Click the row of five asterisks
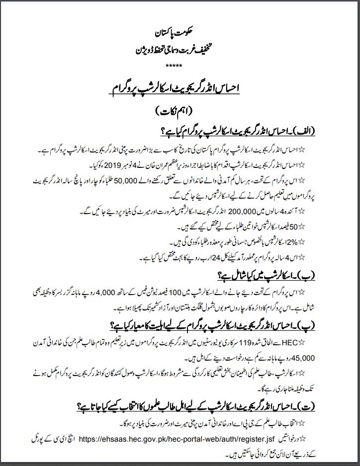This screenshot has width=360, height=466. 180,65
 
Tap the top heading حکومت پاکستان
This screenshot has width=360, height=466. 180,37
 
